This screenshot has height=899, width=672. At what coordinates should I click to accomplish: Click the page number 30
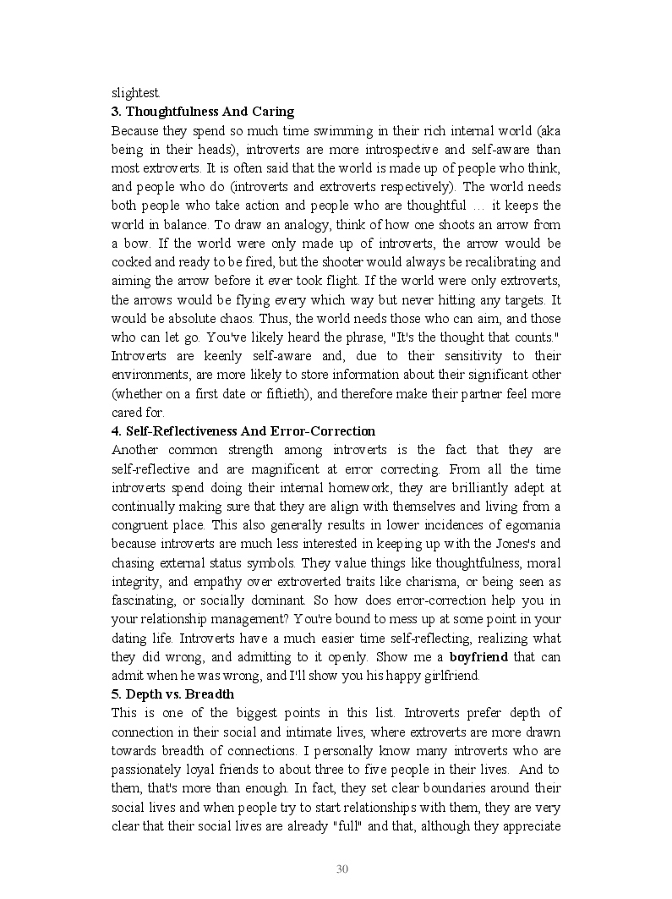pos(342,869)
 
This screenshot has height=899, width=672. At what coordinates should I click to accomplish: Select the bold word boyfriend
pos(478,656)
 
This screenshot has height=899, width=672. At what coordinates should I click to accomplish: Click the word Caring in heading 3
pos(272,112)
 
